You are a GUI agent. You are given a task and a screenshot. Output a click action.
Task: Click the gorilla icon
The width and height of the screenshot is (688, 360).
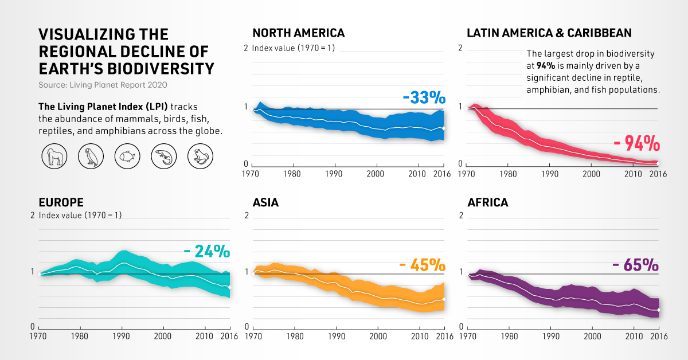[x=55, y=155]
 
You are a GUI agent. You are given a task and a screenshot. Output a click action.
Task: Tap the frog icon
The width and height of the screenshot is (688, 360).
[x=200, y=155]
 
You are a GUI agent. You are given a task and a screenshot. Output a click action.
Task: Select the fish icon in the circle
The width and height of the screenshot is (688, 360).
[x=128, y=155]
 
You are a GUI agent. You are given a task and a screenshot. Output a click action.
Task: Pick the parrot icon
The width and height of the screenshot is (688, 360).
[x=91, y=155]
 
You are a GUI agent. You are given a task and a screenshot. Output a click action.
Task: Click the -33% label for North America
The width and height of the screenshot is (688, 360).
[x=424, y=98]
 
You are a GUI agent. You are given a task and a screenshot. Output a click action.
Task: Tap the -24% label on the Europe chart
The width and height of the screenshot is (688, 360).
[x=206, y=251]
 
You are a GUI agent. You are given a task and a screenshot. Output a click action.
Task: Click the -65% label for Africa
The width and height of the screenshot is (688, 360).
[x=635, y=265]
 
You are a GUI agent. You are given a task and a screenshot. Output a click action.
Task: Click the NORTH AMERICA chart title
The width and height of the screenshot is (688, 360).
[x=298, y=33]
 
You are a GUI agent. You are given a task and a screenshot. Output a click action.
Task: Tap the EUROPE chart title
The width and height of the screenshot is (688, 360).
[x=61, y=202]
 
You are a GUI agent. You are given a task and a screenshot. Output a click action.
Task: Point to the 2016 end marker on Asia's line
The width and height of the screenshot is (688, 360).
[x=444, y=299]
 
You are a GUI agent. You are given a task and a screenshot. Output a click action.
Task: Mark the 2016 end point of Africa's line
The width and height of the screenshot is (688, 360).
[x=658, y=310]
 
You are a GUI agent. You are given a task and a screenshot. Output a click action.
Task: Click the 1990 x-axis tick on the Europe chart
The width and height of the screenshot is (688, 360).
[x=122, y=336]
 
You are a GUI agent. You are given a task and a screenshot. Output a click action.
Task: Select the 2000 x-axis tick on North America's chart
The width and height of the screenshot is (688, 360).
[x=376, y=173]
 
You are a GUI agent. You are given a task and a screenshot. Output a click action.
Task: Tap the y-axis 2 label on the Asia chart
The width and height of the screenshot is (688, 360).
[x=247, y=216]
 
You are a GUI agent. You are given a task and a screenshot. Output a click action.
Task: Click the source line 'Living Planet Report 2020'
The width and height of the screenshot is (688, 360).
[x=103, y=85]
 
